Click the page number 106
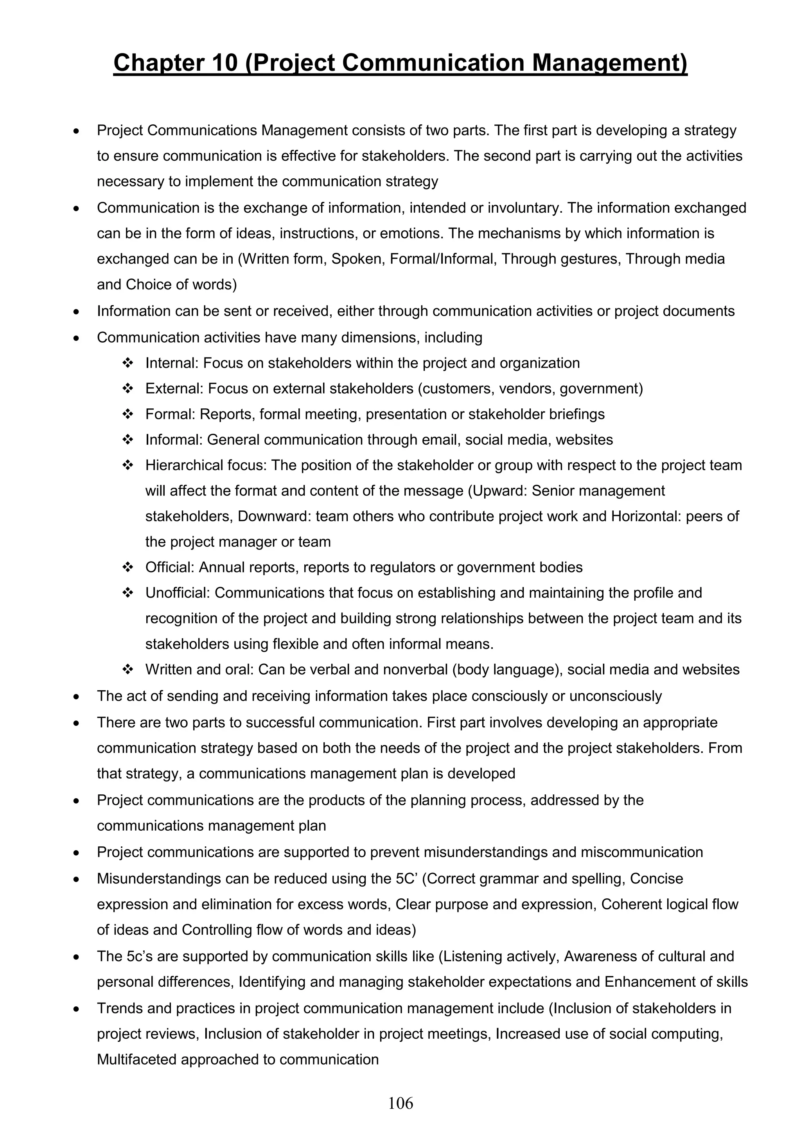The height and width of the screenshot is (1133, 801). (400, 1103)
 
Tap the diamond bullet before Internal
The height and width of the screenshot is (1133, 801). (128, 363)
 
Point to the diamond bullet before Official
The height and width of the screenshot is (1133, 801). (128, 567)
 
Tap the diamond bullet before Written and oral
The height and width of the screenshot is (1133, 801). (128, 670)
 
